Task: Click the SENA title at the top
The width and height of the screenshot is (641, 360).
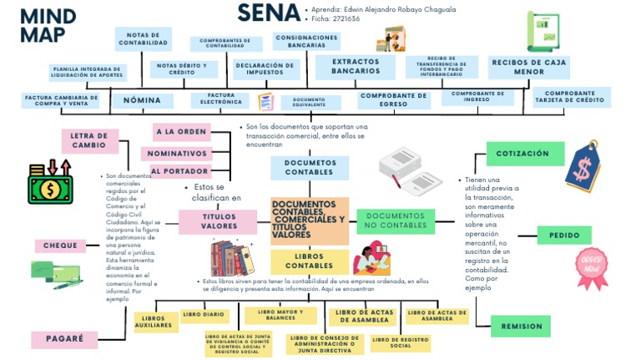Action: pyautogui.click(x=269, y=13)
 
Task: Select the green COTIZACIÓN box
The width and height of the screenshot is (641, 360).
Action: pyautogui.click(x=524, y=154)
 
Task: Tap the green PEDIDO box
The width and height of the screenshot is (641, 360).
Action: pyautogui.click(x=564, y=236)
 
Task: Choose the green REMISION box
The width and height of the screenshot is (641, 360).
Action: pyautogui.click(x=522, y=326)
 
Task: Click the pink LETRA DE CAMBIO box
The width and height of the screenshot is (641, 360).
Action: pyautogui.click(x=88, y=140)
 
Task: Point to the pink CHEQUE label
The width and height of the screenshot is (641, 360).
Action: pyautogui.click(x=60, y=246)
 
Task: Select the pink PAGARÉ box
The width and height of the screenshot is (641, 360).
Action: pyautogui.click(x=64, y=339)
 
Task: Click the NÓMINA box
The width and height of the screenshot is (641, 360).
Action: pyautogui.click(x=143, y=100)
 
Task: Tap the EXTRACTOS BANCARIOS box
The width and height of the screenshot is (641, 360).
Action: pyautogui.click(x=356, y=67)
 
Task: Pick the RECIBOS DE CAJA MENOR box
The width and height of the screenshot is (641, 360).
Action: pyautogui.click(x=529, y=67)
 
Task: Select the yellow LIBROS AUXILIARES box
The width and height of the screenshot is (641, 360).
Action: pyautogui.click(x=154, y=322)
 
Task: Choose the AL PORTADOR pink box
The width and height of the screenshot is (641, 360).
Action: pyautogui.click(x=179, y=171)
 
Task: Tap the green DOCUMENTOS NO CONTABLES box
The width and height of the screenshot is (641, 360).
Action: pyautogui.click(x=396, y=221)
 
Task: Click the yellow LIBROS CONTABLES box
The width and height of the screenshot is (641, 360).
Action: pyautogui.click(x=309, y=261)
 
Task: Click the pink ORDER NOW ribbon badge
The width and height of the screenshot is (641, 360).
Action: pyautogui.click(x=591, y=266)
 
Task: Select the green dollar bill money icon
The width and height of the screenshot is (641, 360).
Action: pyautogui.click(x=50, y=184)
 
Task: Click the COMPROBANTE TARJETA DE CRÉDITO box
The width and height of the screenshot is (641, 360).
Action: pyautogui.click(x=572, y=98)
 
